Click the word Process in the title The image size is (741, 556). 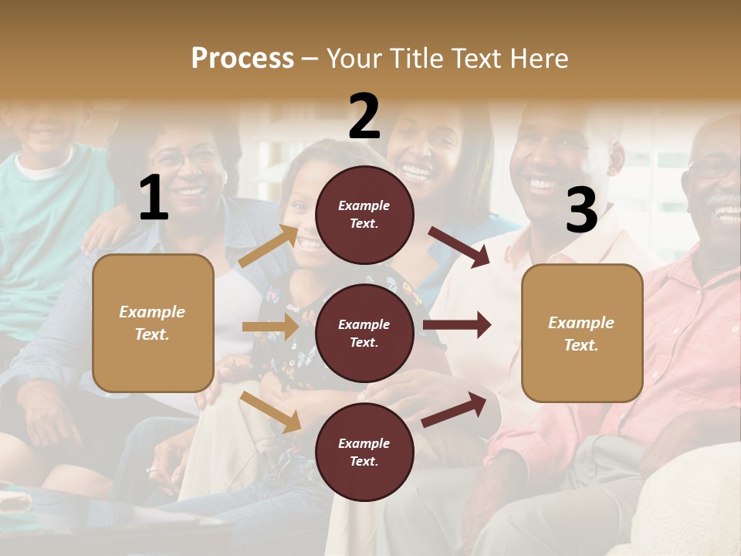tap(242, 58)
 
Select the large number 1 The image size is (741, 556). tap(154, 198)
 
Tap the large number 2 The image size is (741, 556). tap(364, 117)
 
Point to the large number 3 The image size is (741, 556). tap(581, 210)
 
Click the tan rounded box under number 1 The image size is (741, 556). tap(153, 323)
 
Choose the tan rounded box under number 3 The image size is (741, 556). tap(582, 333)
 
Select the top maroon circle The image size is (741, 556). tap(364, 215)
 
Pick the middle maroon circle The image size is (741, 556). tap(364, 333)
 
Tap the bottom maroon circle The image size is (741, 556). tap(364, 452)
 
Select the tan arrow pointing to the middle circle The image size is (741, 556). tap(270, 327)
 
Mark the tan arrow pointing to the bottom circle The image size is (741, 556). tap(271, 412)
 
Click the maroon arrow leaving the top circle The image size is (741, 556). tap(459, 246)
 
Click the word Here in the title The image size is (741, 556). tap(537, 58)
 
